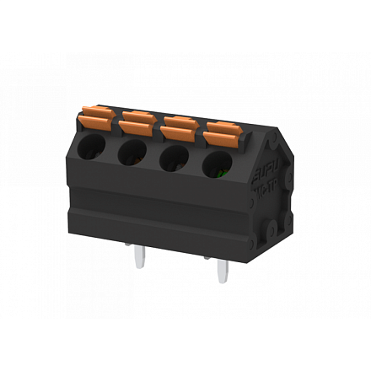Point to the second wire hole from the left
(x=132, y=152)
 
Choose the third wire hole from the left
(x=175, y=159)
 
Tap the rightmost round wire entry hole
(x=219, y=165)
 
